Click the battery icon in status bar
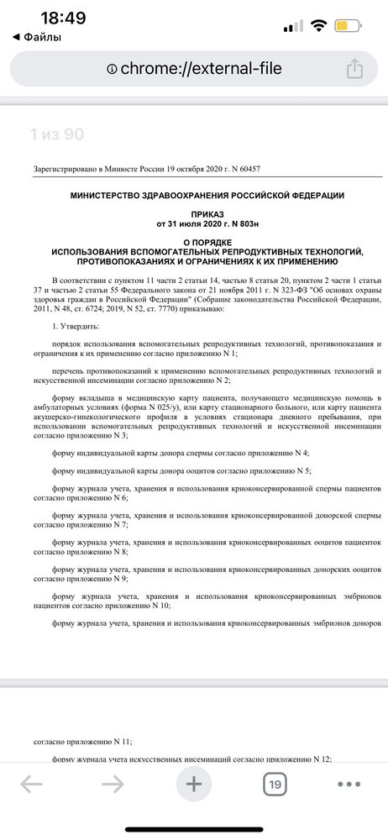point(349,26)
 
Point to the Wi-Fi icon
point(318,26)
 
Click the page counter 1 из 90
point(56,134)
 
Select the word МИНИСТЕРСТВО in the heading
point(89,195)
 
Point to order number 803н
point(242,225)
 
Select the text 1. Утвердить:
point(76,324)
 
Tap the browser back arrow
point(31,785)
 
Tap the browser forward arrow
point(112,785)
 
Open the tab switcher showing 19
point(274,785)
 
